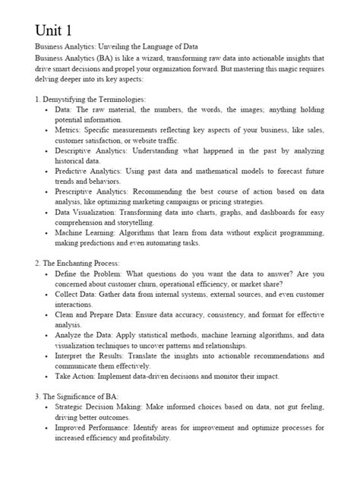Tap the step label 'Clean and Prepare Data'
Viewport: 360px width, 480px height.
click(95, 314)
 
